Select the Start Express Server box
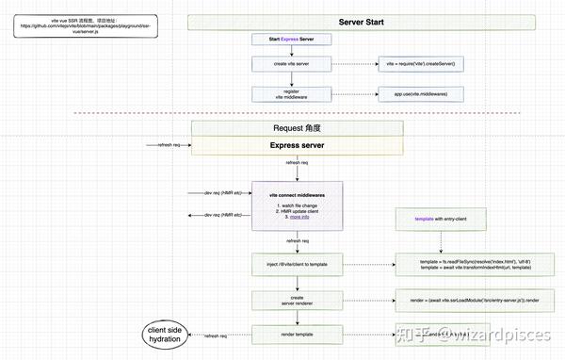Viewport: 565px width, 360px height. (x=291, y=39)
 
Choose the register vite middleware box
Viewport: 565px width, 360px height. (x=291, y=93)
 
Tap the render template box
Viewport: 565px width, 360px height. (x=291, y=334)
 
